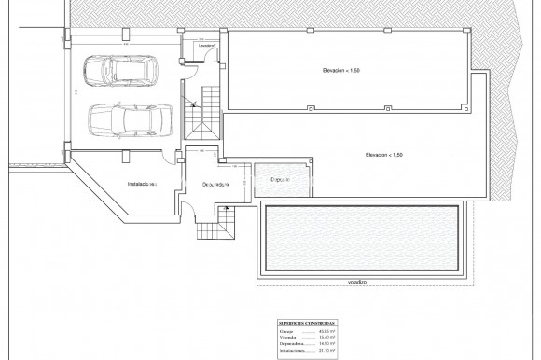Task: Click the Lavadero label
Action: tap(208, 45)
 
